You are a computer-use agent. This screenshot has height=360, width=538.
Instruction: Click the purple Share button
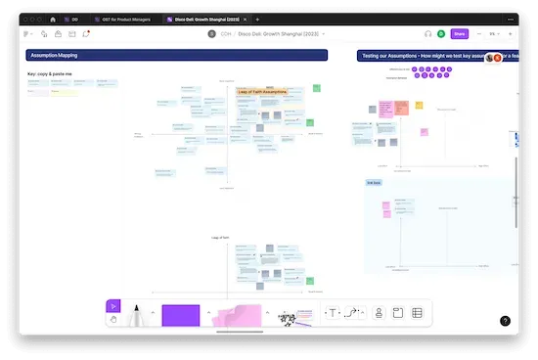coord(459,33)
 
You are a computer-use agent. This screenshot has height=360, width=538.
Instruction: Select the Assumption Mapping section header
coord(176,56)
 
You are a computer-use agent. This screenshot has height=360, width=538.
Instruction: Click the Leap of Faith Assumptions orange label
coord(270,91)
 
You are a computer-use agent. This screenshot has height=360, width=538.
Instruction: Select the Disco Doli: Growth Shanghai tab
coord(205,19)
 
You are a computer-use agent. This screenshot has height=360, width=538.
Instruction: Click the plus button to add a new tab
coord(257,19)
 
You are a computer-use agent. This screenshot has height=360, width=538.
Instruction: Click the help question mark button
coord(505,320)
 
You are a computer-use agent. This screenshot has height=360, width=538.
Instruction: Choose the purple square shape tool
coord(180,316)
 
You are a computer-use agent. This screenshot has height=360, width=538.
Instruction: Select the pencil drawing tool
coord(138,315)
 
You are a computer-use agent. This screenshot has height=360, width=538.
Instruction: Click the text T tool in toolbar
coord(333,313)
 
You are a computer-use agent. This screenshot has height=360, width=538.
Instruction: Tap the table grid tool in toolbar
coord(417,313)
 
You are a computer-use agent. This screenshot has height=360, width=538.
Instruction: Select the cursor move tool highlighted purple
coord(113,306)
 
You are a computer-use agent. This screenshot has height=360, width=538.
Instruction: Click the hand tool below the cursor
coord(113,319)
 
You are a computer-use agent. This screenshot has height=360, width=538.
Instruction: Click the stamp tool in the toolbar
coord(379,313)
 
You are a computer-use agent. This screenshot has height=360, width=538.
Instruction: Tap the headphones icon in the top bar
coord(427,33)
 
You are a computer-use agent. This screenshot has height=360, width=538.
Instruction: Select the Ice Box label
coord(374,183)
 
